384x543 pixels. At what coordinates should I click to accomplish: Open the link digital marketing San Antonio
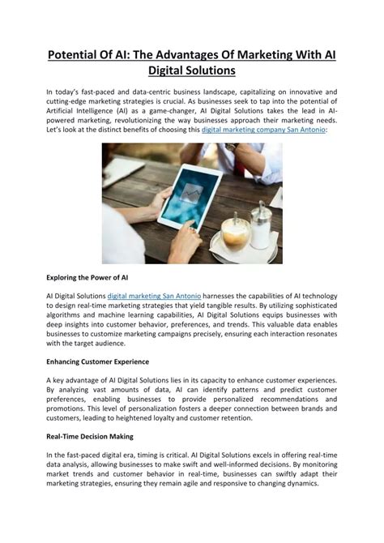coord(154,297)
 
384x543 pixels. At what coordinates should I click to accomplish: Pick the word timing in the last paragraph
coord(177,455)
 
